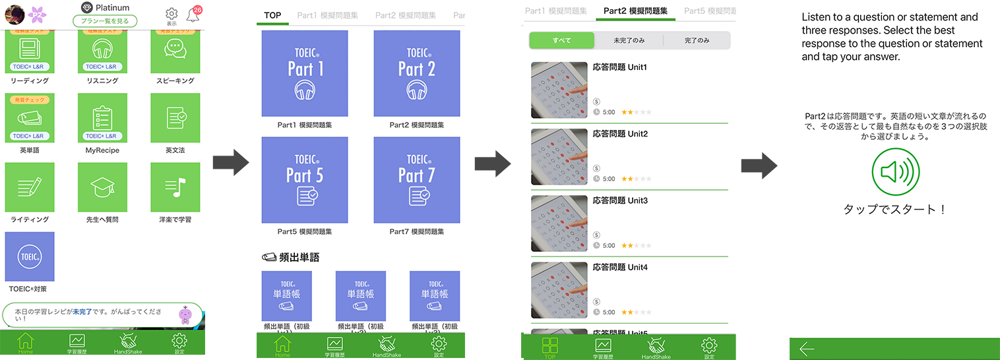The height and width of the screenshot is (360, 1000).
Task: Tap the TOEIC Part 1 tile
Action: (x=305, y=73)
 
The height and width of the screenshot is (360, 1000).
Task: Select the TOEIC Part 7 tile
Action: (x=416, y=180)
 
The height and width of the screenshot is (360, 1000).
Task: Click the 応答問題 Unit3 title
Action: (x=620, y=200)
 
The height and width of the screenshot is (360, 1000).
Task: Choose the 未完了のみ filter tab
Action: (x=629, y=40)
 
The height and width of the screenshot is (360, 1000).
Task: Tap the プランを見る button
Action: (x=105, y=21)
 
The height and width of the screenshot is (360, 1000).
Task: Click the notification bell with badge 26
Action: (x=193, y=14)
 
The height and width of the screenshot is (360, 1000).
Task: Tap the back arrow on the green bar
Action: (x=807, y=349)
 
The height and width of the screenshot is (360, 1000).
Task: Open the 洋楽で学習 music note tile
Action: (x=175, y=187)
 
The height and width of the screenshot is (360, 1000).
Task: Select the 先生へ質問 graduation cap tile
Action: (x=102, y=187)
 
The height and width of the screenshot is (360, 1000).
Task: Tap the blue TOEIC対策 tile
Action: (x=30, y=256)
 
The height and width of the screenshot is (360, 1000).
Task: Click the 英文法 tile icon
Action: (x=175, y=117)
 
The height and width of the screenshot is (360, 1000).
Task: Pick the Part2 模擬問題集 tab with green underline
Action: (x=635, y=11)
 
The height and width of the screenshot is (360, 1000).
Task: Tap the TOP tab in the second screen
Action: (x=272, y=15)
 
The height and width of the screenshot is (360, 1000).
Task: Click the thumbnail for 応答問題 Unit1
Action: (x=559, y=90)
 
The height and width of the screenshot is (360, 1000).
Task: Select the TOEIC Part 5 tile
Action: (x=305, y=180)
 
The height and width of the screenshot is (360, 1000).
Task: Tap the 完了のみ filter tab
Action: (x=697, y=40)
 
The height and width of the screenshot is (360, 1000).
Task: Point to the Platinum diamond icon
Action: (x=86, y=7)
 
